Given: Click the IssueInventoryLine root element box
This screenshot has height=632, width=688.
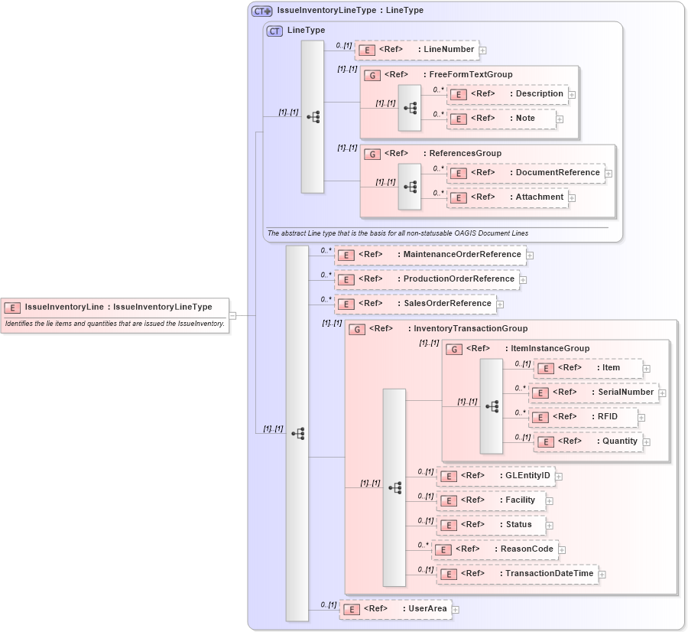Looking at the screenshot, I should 115,308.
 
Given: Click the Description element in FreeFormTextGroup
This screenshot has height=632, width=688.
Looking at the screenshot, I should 508,94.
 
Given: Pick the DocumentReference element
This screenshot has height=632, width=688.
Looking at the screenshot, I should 525,173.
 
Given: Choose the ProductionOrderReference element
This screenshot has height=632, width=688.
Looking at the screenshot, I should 427,279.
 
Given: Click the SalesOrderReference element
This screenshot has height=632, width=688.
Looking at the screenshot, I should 415,304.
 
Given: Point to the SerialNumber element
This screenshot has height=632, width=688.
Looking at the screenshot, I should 593,393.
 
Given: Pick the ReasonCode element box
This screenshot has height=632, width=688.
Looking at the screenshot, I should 494,549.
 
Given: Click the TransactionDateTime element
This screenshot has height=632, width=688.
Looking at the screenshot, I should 517,574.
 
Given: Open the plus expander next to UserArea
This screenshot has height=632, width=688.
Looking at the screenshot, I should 456,610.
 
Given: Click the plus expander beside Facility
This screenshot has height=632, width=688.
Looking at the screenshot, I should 550,501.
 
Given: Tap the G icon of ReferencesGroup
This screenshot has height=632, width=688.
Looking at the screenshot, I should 372,154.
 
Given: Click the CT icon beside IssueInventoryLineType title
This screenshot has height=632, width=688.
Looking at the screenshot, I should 261,11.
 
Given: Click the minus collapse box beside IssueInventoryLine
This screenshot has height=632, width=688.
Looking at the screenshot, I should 232,315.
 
